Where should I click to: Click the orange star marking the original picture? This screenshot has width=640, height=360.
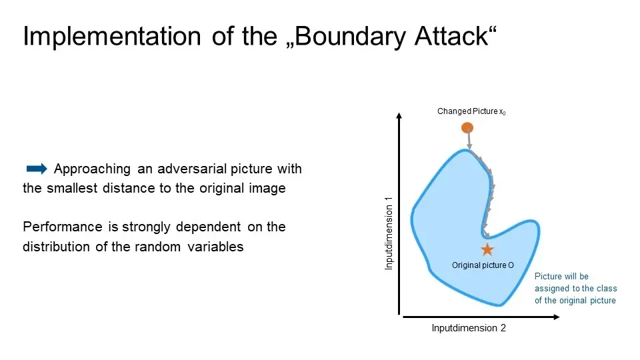click(x=487, y=249)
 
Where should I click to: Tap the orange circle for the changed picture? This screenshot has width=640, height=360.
click(x=467, y=128)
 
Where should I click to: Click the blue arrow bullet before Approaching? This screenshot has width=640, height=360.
click(x=37, y=169)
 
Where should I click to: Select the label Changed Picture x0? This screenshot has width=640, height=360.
click(x=471, y=111)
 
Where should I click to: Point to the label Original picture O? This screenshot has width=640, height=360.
click(x=483, y=265)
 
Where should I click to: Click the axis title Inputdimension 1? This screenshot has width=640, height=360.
click(x=389, y=233)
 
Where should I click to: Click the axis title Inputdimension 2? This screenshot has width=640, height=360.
click(x=469, y=328)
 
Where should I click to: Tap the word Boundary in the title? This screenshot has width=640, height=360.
click(x=349, y=36)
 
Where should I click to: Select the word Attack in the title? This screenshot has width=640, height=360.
click(x=451, y=36)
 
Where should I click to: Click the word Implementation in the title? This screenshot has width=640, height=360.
click(x=112, y=36)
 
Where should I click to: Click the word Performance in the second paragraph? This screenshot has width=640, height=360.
click(x=63, y=227)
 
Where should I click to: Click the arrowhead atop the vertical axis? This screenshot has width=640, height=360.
click(x=399, y=115)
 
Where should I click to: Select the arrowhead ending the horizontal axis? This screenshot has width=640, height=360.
click(x=556, y=317)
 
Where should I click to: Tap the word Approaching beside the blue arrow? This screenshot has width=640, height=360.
click(x=92, y=169)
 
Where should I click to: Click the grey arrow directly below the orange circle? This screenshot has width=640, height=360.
click(x=469, y=139)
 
